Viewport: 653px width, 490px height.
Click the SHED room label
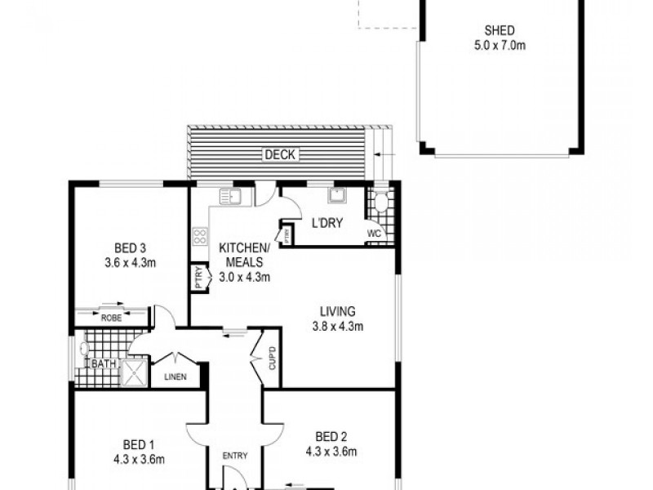point(499,33)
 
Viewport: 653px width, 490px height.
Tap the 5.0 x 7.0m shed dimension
point(499,46)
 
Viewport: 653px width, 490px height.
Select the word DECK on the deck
point(280,154)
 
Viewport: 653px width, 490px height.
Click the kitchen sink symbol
point(227,196)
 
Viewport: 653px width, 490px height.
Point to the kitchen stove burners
point(198,237)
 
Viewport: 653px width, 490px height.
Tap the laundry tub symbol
point(336,195)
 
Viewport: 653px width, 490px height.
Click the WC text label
point(375,233)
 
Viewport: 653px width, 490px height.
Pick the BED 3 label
point(130,249)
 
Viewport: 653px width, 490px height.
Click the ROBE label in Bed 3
point(112,318)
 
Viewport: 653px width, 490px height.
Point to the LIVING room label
point(337,311)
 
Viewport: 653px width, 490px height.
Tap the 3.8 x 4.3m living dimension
point(337,326)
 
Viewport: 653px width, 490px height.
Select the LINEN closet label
point(175,376)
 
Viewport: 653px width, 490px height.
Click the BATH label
point(103,363)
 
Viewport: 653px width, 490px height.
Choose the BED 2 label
point(332,435)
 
